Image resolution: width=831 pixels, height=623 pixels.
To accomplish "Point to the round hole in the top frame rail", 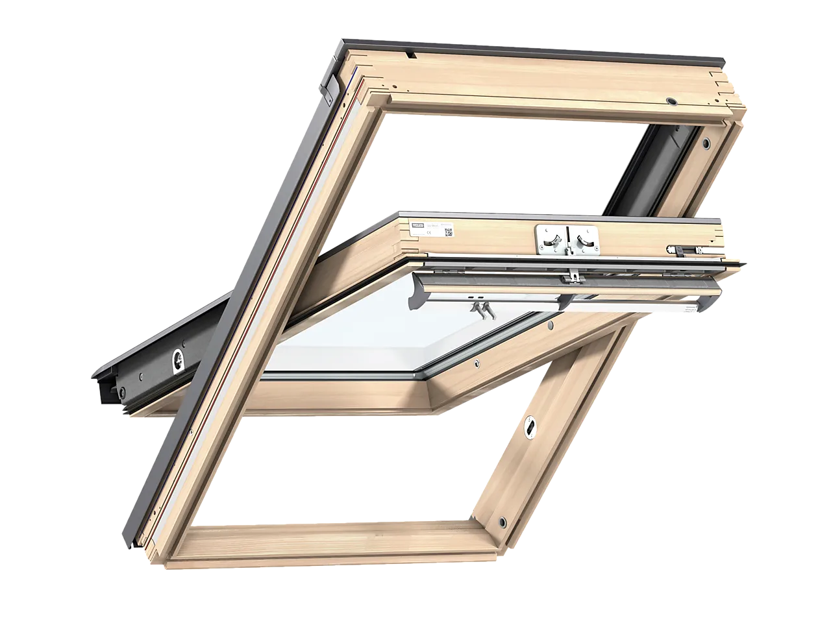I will [x=671, y=102].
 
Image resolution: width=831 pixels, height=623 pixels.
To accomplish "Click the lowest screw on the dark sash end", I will [x=120, y=391].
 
